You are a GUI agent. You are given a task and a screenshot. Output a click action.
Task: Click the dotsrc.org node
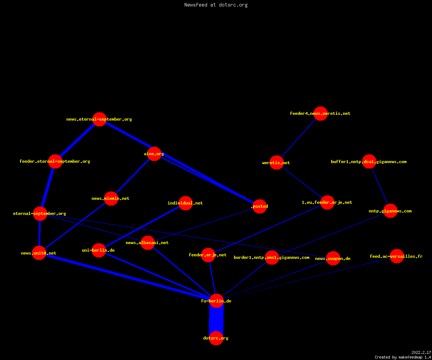[216, 338]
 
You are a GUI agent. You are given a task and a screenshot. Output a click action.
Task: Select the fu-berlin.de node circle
[216, 301]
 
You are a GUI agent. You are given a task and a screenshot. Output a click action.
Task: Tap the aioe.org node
[154, 154]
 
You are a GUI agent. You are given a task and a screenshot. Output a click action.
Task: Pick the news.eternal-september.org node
[99, 119]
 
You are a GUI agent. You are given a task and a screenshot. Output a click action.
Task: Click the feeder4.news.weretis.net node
[320, 113]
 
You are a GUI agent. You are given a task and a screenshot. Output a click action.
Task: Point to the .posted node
[260, 206]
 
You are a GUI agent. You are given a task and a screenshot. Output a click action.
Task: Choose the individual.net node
[186, 203]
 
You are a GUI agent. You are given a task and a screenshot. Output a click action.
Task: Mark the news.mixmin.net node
[111, 198]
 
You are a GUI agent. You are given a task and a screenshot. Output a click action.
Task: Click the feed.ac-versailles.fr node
[397, 256]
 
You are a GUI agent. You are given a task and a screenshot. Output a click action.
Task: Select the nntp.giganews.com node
[390, 211]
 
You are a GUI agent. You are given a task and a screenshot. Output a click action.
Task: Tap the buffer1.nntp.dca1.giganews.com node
[369, 162]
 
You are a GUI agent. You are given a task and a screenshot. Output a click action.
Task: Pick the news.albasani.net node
[148, 243]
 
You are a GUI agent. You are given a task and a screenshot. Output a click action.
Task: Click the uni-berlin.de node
[99, 250]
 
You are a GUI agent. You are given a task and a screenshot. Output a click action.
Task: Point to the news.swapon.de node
[333, 258]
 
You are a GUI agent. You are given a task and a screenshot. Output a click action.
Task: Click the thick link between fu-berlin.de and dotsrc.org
[216, 319]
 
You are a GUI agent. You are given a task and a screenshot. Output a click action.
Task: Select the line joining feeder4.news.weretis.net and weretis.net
[298, 138]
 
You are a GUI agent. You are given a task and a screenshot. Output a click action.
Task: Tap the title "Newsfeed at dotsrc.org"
[216, 5]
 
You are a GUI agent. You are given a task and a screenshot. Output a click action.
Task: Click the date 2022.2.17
[421, 352]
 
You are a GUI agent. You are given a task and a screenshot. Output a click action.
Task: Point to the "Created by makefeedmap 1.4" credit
[403, 357]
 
